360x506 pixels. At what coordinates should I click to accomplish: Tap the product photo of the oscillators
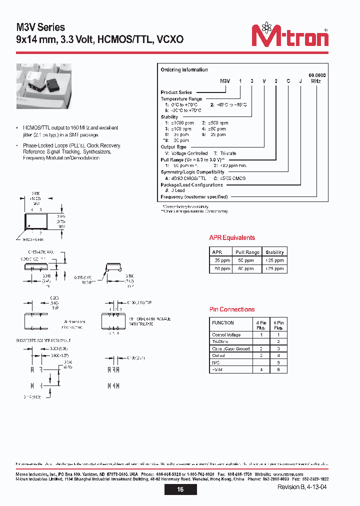coord(43,88)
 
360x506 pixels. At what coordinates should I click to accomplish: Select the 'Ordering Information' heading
coord(184,70)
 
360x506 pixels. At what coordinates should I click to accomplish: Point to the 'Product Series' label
coord(176,92)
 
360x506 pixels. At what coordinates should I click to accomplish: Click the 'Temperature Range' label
coord(181,99)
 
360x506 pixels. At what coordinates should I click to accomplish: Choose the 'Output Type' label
coord(173,147)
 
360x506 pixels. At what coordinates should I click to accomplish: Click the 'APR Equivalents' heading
coord(232,238)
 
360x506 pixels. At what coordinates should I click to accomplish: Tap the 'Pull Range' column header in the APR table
coord(247,252)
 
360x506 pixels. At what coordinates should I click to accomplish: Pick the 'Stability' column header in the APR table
coord(274,252)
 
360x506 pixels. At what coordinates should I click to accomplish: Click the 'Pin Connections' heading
coord(232,309)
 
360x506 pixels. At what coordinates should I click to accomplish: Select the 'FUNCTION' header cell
coord(223,323)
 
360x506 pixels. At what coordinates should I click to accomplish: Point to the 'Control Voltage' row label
coord(226,335)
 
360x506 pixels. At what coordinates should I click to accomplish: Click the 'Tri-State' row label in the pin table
coord(220,342)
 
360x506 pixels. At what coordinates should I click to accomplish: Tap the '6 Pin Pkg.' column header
coord(278,325)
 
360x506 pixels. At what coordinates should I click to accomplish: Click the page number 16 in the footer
coord(180,489)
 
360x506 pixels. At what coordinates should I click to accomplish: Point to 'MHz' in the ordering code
coord(316,80)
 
